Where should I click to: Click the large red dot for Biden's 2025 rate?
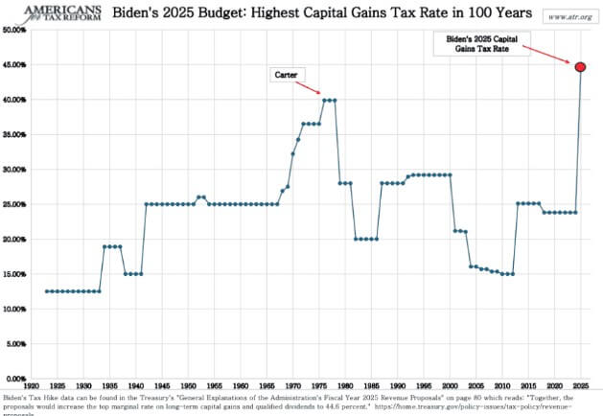[579, 66]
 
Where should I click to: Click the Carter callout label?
[287, 74]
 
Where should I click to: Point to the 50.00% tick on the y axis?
[13, 30]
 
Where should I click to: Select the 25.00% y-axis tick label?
[13, 204]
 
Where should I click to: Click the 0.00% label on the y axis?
[15, 379]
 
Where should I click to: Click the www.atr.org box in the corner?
[565, 16]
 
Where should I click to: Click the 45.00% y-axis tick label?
[13, 65]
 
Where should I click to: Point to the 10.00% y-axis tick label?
[13, 310]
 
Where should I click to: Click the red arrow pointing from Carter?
[309, 85]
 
